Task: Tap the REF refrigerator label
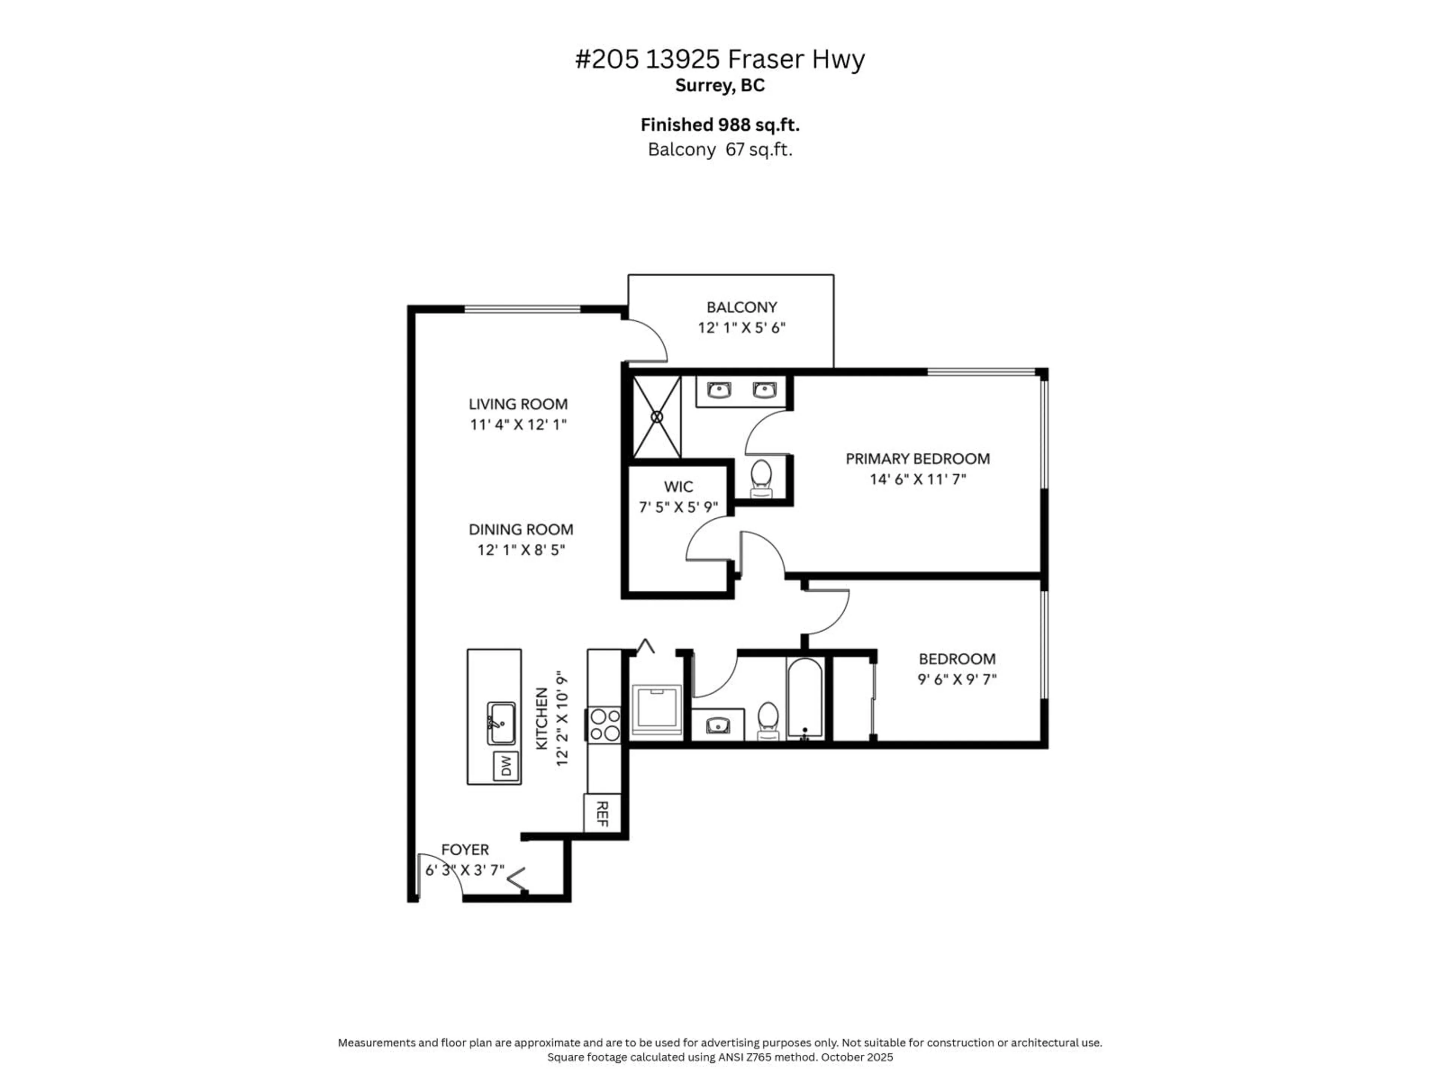click(602, 814)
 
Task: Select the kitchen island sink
click(502, 723)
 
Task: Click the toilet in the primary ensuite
click(761, 477)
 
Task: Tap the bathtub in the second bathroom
click(805, 699)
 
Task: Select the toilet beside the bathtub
click(769, 720)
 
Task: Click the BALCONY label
click(742, 307)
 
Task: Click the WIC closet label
click(678, 486)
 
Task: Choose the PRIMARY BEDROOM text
click(917, 459)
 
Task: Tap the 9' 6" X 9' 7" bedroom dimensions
click(956, 680)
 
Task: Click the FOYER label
click(465, 850)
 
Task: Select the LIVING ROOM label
click(518, 404)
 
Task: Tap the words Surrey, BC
click(720, 85)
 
